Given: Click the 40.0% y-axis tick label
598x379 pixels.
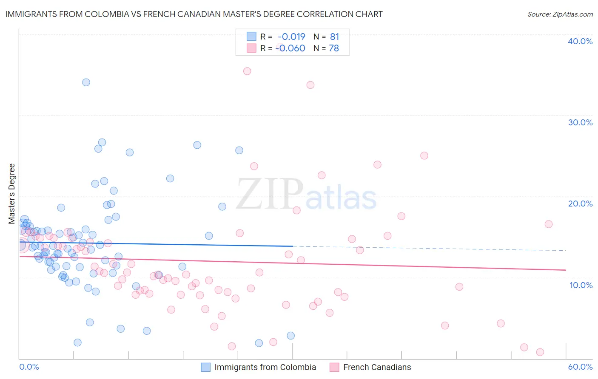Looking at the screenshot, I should [580, 41].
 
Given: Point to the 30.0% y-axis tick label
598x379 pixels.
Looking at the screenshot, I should [580, 122].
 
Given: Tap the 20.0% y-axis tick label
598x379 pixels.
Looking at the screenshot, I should [580, 204].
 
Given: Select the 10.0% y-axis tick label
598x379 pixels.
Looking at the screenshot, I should [581, 285].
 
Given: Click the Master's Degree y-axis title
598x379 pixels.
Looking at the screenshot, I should [12, 193].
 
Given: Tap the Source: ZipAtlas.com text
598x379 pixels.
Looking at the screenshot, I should [560, 14].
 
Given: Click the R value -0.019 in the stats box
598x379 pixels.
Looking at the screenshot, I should [291, 37].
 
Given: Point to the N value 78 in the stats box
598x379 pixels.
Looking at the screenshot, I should [334, 48].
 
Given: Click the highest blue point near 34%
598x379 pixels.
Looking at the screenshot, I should [86, 82].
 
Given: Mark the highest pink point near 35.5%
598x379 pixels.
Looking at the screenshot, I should [247, 71].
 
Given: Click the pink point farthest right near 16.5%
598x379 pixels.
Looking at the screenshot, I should [549, 224].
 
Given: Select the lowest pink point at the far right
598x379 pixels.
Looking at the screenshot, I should [540, 352].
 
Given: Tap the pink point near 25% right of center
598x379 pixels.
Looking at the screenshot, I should [424, 156].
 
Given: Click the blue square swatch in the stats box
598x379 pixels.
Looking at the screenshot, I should [251, 37].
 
